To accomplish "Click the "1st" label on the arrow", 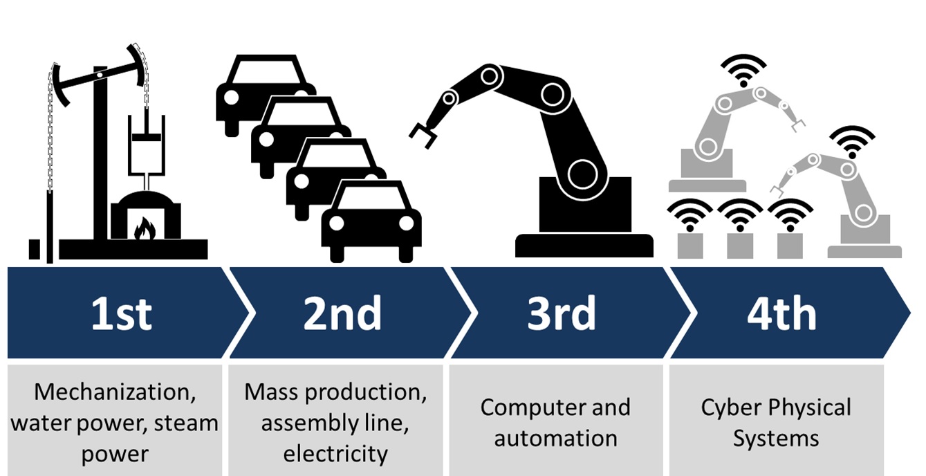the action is (122, 313).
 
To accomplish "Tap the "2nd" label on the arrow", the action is (342, 313).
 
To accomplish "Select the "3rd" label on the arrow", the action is (562, 313).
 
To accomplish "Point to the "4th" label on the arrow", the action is (781, 313).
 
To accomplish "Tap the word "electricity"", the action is (335, 454).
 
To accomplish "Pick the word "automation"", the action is (555, 439).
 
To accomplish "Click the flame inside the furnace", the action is (145, 229).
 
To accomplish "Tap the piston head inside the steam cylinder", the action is (147, 137).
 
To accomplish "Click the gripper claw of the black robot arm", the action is (423, 135).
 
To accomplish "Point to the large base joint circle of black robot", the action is (582, 174).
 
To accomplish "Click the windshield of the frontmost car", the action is (371, 197).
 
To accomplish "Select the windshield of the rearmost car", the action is (266, 71).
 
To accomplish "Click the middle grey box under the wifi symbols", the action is (740, 246).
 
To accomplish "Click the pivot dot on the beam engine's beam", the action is (100, 75).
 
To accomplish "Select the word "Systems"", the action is (776, 439).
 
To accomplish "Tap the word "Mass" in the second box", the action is (271, 392).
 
